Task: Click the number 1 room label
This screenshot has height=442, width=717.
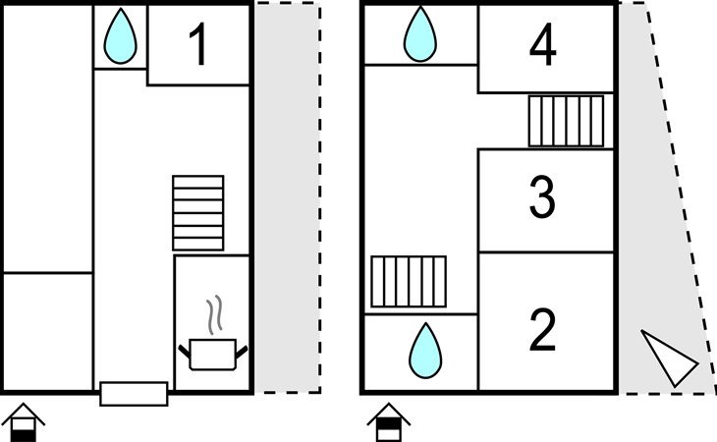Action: (x=198, y=44)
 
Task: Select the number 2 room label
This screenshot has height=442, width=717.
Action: (x=543, y=330)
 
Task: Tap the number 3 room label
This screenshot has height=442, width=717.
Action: (x=543, y=197)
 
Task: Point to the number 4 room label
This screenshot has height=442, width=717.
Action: (x=543, y=45)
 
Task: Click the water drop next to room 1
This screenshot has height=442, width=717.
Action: (x=120, y=35)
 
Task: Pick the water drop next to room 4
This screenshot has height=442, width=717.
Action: (x=420, y=34)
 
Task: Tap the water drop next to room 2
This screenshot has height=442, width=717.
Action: (x=425, y=351)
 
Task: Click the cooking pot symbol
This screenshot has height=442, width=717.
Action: (x=212, y=355)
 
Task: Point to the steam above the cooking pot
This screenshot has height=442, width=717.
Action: (x=214, y=314)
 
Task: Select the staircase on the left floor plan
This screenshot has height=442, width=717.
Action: (x=198, y=213)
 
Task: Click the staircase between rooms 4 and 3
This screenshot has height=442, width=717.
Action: (x=566, y=121)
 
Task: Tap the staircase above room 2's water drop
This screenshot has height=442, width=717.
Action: (x=409, y=282)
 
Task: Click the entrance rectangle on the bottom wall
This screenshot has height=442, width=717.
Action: (x=134, y=394)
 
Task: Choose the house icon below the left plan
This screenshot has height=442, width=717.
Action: (x=23, y=422)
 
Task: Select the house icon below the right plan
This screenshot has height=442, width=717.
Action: (x=389, y=422)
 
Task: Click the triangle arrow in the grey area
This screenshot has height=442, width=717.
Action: (x=670, y=359)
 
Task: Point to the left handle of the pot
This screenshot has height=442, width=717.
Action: (x=184, y=351)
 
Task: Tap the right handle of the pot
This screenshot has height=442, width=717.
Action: (x=242, y=352)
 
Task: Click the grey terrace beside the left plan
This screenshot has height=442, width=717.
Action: (x=287, y=197)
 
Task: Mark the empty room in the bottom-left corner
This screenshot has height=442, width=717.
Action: (x=48, y=332)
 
